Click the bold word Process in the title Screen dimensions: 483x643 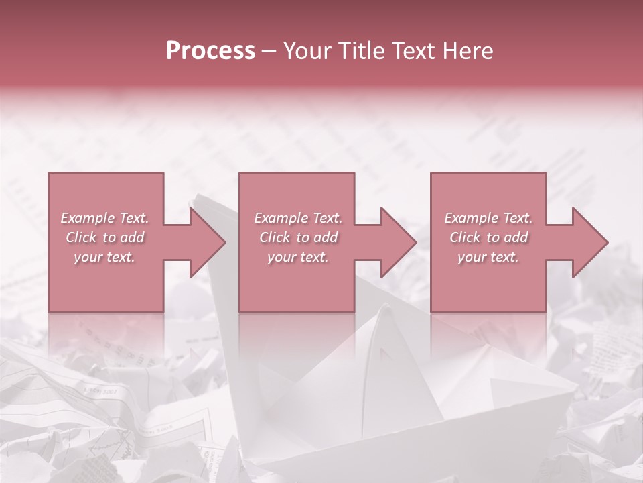210,50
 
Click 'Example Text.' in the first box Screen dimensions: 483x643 105,218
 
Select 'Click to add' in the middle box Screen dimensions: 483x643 298,237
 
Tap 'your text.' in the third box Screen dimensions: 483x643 488,257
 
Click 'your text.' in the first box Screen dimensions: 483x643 105,257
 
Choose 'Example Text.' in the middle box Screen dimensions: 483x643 298,218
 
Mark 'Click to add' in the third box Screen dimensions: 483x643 488,237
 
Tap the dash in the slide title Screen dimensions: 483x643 269,52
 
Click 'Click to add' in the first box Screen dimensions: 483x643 105,237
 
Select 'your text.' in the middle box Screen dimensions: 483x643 298,257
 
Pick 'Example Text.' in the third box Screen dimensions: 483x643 488,218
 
